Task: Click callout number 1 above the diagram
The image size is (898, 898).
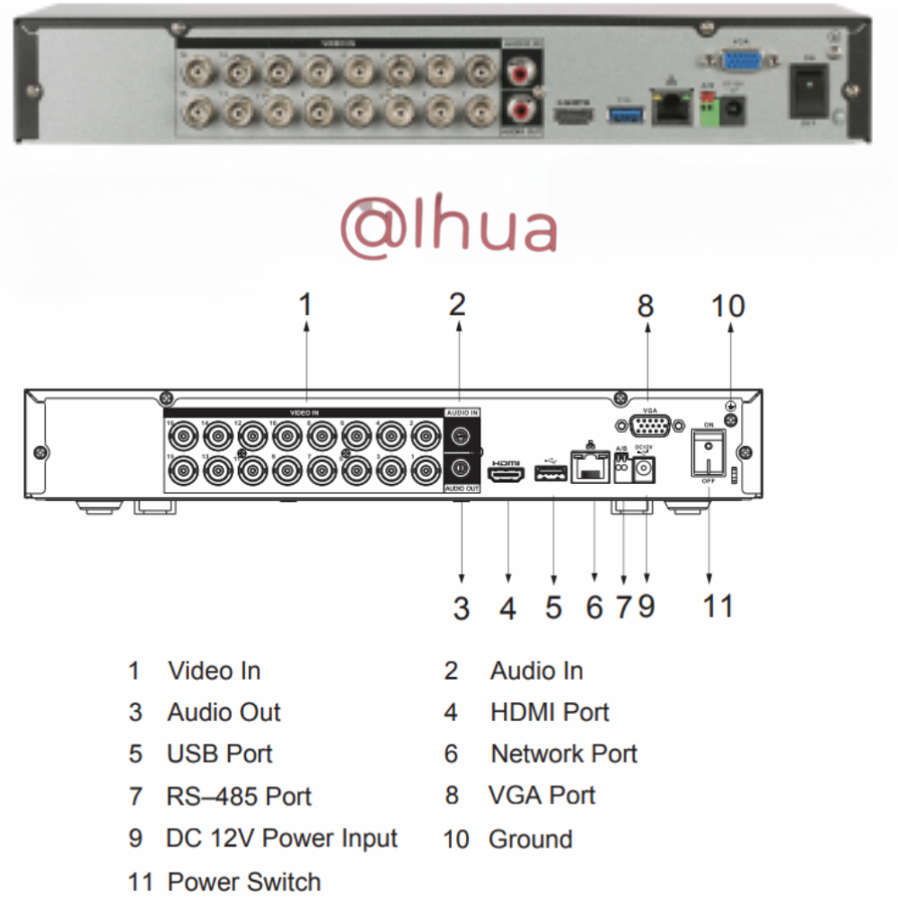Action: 306,305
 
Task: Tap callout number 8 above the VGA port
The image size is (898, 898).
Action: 646,306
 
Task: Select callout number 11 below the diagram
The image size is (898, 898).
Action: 718,606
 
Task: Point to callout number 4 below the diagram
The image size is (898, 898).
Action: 508,609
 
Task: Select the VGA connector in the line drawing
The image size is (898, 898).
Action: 647,426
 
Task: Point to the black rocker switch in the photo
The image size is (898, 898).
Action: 808,90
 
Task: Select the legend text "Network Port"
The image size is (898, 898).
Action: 564,753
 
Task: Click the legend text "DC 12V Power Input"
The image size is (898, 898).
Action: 282,839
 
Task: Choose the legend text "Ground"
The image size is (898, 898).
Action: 530,840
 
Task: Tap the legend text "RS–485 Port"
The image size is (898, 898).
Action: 239,797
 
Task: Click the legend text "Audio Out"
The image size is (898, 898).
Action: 224,712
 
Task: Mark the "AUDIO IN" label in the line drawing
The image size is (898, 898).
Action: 462,412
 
